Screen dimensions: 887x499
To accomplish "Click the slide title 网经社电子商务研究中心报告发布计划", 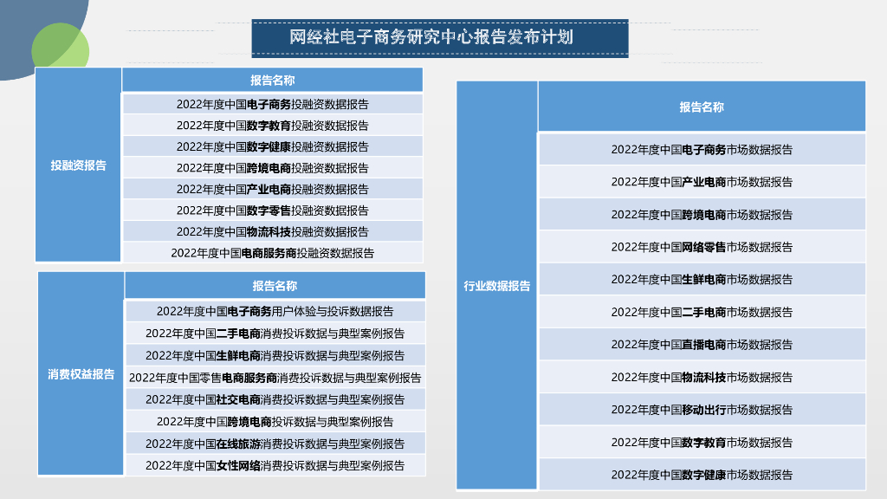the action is (440, 38).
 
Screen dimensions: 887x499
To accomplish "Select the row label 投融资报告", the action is (78, 165).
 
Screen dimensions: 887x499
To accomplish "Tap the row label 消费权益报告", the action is (81, 374).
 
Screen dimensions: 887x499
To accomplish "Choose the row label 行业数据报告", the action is (497, 286).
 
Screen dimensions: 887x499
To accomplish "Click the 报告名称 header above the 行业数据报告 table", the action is (702, 107).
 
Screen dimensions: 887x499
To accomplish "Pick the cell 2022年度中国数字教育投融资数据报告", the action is (272, 126).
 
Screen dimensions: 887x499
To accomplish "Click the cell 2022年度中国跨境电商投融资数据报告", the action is (272, 168).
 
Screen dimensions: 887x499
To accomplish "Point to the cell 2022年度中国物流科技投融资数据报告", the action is (272, 231).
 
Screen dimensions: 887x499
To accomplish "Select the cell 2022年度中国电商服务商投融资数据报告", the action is (272, 253).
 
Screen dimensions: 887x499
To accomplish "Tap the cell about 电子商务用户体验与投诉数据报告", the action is (275, 311).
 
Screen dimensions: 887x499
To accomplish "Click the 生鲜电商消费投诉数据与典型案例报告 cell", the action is (275, 355).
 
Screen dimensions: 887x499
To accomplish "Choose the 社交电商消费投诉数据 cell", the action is (275, 399).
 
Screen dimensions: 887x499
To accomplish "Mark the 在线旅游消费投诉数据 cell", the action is (275, 444).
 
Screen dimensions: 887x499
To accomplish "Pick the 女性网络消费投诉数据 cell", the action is (275, 465).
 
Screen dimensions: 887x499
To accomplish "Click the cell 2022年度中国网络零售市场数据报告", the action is (702, 247).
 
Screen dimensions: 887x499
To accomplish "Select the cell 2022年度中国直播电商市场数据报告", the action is (702, 345).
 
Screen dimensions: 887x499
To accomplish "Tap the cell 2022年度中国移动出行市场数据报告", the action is (702, 410).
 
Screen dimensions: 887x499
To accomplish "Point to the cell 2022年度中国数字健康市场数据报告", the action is (702, 475).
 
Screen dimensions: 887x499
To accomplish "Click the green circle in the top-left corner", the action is (59, 47).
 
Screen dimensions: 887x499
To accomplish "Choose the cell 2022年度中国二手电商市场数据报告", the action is (702, 312).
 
